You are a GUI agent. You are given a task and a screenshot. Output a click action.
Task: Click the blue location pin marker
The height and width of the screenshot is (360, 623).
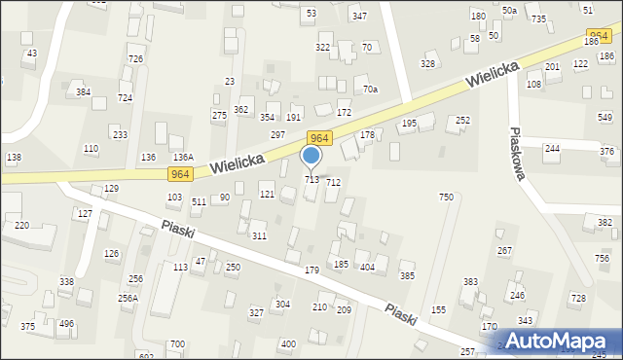click(x=311, y=157)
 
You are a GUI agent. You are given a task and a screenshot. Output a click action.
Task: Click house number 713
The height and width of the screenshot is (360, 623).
click(x=312, y=180)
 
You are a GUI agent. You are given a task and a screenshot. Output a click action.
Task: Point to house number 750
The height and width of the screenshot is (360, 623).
click(x=446, y=198)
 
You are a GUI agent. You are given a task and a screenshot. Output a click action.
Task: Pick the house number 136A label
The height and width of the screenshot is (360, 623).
click(x=183, y=157)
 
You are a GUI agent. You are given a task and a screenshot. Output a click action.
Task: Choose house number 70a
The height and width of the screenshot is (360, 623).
click(x=370, y=90)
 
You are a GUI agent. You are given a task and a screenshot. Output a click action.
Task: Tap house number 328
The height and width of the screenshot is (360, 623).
click(x=427, y=63)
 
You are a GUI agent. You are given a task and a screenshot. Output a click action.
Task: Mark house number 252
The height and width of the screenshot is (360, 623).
click(x=462, y=120)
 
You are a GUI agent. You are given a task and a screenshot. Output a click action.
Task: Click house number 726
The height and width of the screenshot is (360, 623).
click(x=135, y=59)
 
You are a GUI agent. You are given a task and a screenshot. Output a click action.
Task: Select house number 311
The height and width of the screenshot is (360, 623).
click(x=259, y=236)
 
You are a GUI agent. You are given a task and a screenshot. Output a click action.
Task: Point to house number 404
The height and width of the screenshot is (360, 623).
click(x=367, y=267)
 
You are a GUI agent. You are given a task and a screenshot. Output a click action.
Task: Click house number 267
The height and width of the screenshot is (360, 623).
click(x=504, y=250)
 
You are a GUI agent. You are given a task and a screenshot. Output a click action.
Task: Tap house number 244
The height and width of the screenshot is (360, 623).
click(x=552, y=148)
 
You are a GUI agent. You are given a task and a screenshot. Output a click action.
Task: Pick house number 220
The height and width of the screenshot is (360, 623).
click(x=21, y=225)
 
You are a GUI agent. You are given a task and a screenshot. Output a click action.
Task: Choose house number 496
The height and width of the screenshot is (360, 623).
click(x=66, y=323)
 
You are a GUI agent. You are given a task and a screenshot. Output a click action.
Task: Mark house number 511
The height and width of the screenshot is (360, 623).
click(x=199, y=201)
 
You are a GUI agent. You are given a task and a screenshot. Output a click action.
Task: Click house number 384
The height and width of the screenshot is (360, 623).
click(x=83, y=92)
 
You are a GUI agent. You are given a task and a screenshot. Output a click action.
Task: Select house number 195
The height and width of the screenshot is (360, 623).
click(x=409, y=124)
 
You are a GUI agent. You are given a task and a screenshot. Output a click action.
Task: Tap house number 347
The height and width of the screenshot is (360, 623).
click(x=359, y=17)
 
